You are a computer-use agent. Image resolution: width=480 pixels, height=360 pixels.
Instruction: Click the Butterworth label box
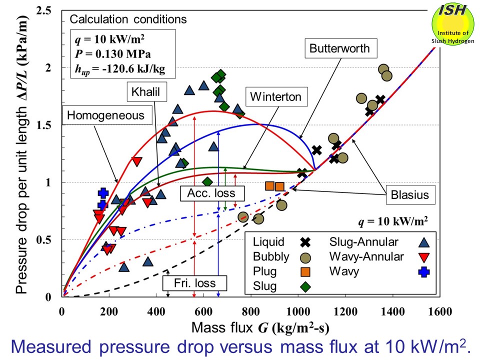click(339, 48)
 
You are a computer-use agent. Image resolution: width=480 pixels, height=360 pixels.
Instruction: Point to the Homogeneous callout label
click(105, 115)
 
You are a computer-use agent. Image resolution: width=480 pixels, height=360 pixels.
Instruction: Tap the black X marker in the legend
click(305, 242)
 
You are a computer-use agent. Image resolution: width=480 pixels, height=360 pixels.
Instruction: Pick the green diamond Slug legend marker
click(305, 286)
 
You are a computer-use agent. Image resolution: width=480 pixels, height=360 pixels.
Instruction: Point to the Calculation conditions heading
click(128, 19)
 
